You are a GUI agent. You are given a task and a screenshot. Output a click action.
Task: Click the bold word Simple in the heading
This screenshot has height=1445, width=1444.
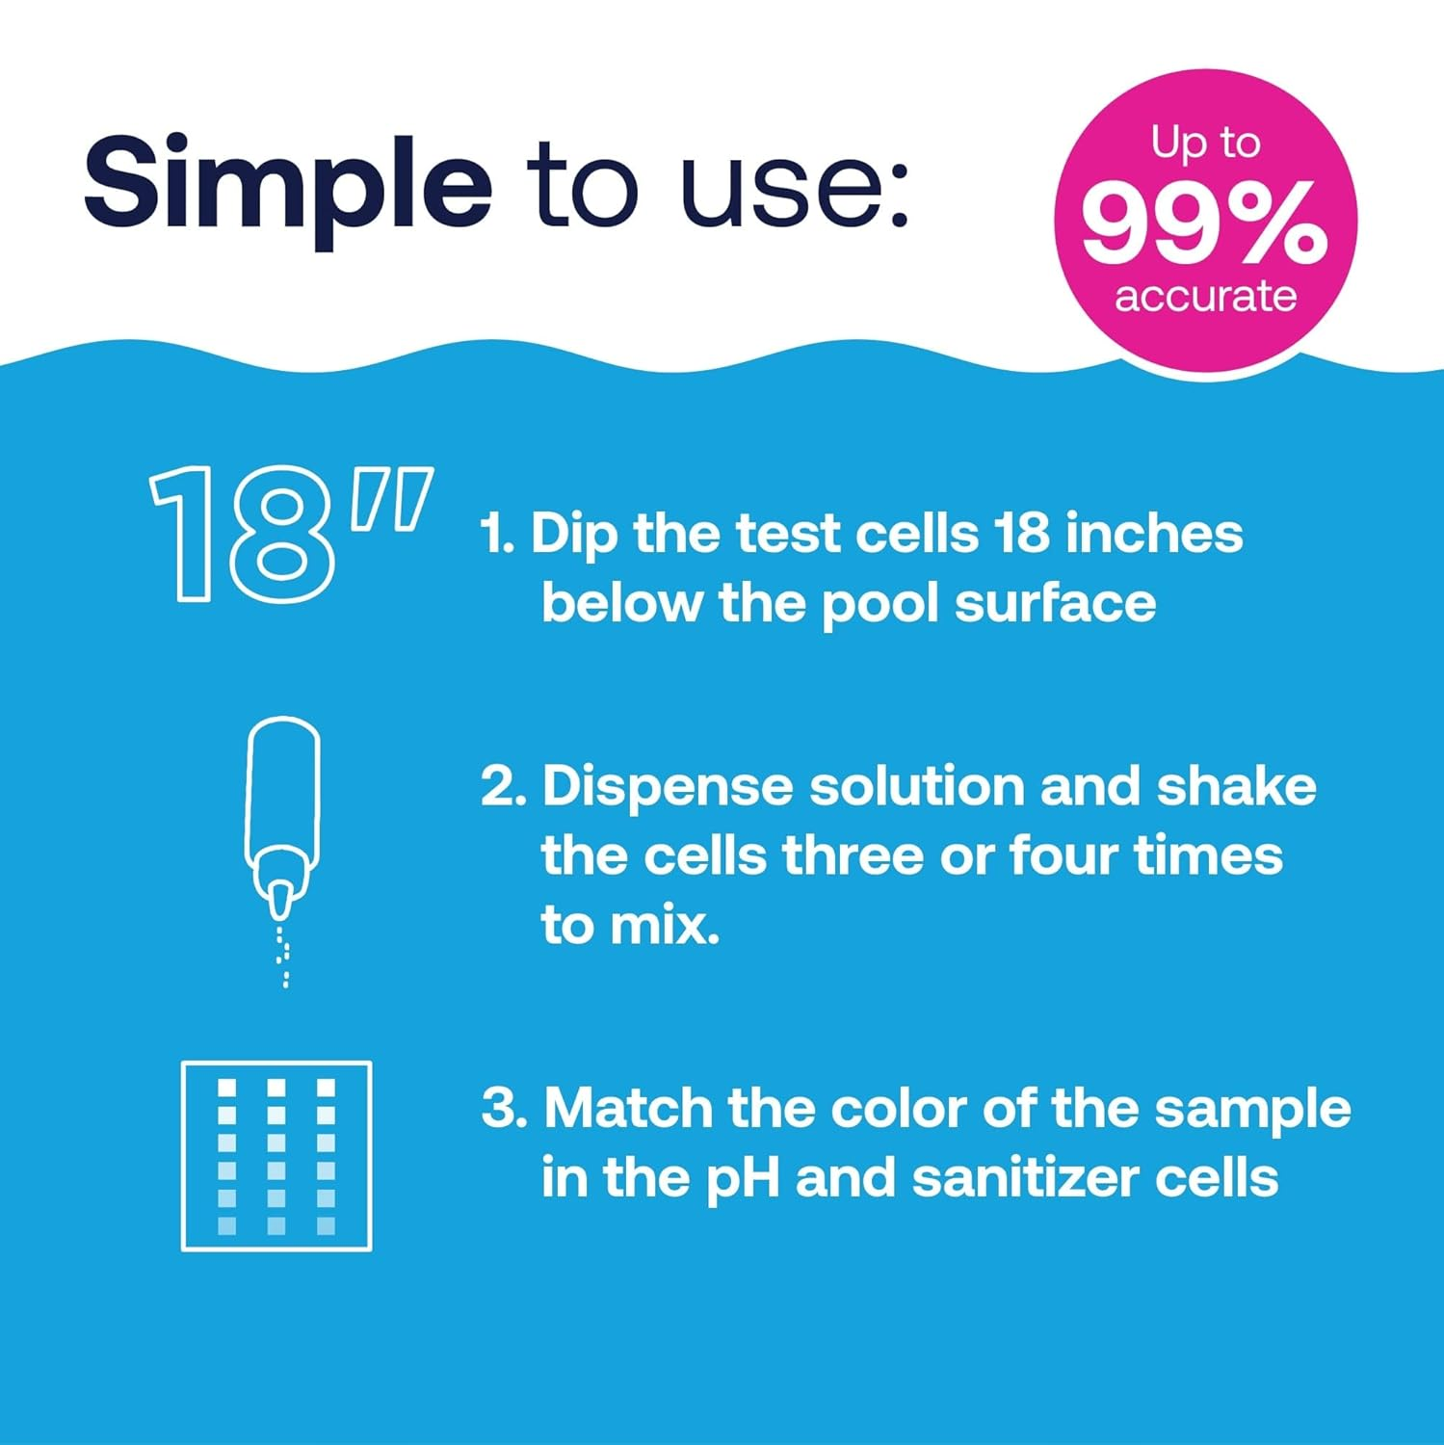(x=287, y=183)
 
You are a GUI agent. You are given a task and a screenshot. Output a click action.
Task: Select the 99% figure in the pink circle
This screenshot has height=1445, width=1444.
(x=1204, y=225)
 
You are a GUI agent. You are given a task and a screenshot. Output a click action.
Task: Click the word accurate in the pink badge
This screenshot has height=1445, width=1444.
(x=1205, y=296)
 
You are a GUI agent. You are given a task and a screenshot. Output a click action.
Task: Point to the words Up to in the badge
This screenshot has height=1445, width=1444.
(x=1205, y=143)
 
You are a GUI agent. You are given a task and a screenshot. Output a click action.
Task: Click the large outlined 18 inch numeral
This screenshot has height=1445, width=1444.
(x=289, y=535)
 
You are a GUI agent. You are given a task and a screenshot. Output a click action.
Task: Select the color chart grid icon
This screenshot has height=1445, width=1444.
(x=276, y=1155)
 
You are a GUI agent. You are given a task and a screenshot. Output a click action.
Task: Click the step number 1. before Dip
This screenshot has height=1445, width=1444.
(x=498, y=534)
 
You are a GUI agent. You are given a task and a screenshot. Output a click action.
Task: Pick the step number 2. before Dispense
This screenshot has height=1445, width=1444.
(x=504, y=787)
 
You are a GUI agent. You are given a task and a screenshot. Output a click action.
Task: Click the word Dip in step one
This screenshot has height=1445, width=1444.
(x=574, y=536)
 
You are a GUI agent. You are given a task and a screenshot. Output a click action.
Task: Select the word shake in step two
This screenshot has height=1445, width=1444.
(x=1236, y=786)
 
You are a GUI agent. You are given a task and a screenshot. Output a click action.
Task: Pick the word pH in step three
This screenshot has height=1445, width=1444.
(x=742, y=1179)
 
